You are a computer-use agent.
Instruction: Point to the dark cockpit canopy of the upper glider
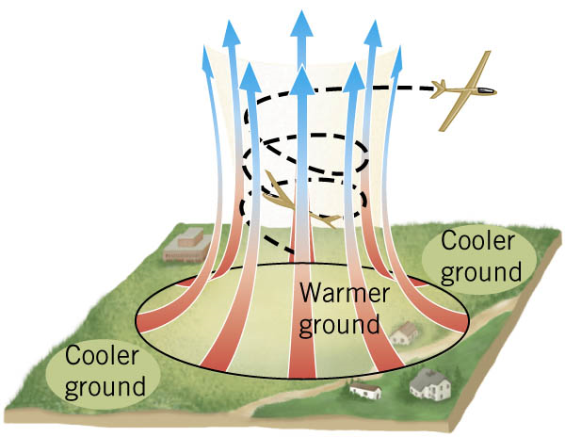tap(482, 90)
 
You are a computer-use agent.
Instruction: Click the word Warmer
tap(344, 294)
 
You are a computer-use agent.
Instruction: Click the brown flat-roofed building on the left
tap(185, 243)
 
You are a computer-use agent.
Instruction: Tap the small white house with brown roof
tap(365, 388)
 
